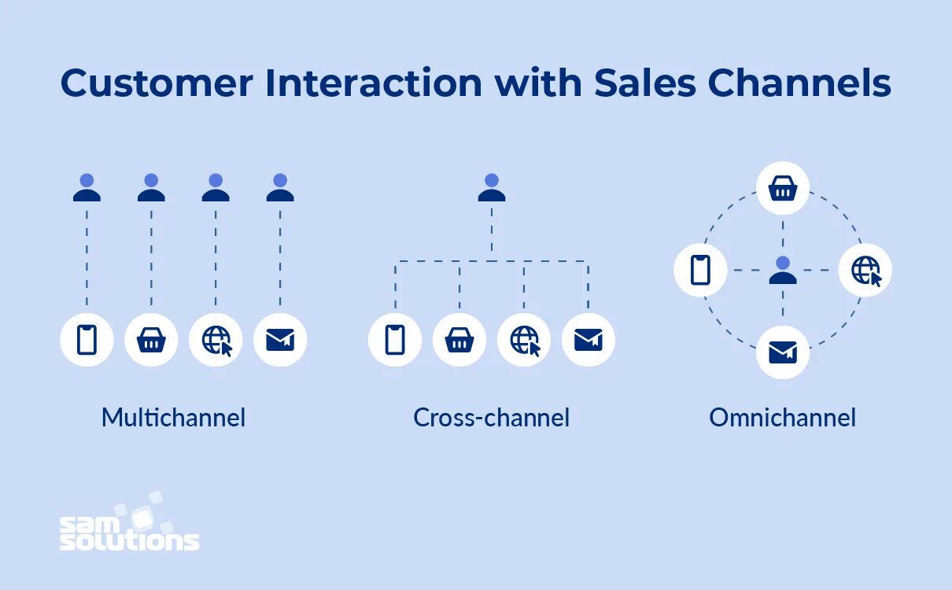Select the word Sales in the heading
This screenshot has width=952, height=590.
tap(645, 83)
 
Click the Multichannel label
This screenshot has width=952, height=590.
tap(173, 417)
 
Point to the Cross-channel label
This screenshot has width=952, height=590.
tap(492, 417)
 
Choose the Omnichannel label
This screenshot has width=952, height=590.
tap(782, 417)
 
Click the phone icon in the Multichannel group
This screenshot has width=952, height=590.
tap(87, 340)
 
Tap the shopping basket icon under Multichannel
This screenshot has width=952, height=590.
tap(151, 340)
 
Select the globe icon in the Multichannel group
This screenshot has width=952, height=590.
tap(216, 340)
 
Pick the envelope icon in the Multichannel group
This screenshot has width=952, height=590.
tap(280, 340)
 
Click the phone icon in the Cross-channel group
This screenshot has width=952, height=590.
tap(395, 340)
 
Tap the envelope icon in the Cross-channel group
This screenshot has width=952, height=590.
tap(588, 340)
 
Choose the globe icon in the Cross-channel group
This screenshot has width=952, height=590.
tap(524, 340)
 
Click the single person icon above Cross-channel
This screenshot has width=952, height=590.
tap(492, 188)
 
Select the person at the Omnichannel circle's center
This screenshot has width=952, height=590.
tap(783, 271)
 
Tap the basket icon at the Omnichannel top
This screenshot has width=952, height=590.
tap(783, 189)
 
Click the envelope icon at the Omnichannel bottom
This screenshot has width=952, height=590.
tap(783, 352)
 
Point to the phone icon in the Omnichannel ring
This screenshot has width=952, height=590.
tap(700, 270)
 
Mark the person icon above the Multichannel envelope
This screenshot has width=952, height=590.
tap(280, 188)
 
